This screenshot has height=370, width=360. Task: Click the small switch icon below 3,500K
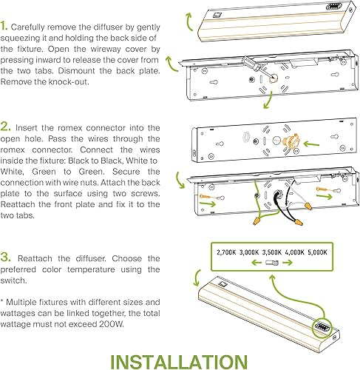[x=271, y=262]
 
